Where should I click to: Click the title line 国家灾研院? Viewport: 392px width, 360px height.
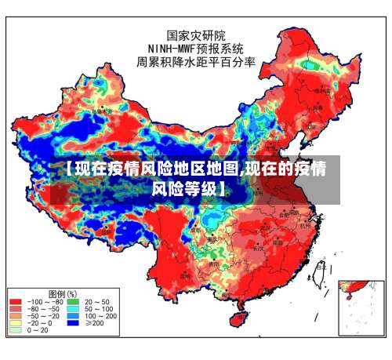point(196,35)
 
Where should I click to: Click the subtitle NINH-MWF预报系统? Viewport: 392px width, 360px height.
point(196,48)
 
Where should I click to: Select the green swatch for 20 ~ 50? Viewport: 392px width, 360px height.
point(72,301)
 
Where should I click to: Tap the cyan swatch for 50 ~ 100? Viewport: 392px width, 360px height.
point(72,309)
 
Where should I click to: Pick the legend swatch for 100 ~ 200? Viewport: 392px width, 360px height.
point(72,316)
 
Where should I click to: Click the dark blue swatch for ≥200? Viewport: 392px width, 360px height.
point(72,323)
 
